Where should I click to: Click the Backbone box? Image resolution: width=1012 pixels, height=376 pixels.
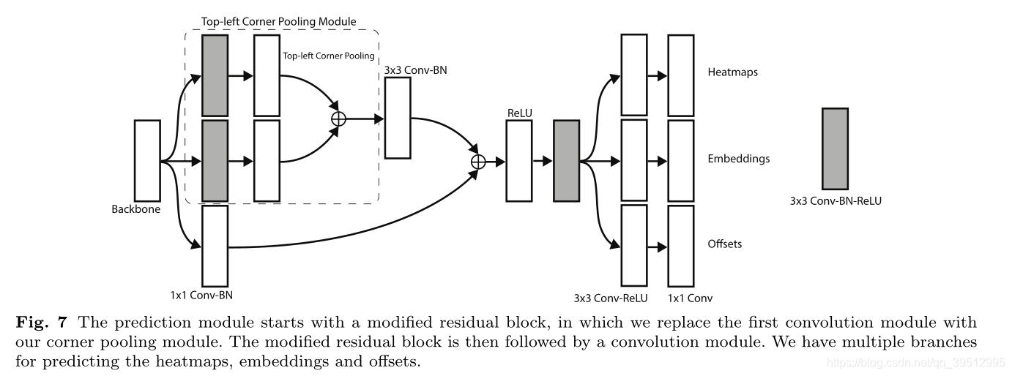[x=146, y=160]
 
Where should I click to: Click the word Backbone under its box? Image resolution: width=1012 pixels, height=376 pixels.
[x=135, y=209]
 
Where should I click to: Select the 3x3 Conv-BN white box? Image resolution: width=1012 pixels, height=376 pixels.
[x=398, y=117]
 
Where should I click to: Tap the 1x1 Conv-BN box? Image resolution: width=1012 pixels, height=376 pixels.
[x=215, y=246]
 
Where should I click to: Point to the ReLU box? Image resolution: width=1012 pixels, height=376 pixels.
[x=518, y=160]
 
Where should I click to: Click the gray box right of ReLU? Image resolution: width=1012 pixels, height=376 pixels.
[x=566, y=160]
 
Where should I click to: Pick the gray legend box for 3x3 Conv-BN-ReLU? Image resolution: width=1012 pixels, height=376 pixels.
[x=835, y=148]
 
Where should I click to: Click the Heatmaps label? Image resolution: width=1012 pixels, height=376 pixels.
[x=732, y=73]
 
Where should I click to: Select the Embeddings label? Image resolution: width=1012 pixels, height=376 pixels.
[x=738, y=159]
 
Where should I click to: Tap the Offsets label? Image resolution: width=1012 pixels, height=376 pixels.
[x=725, y=244]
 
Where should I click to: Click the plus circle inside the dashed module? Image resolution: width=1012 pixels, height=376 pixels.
[x=338, y=119]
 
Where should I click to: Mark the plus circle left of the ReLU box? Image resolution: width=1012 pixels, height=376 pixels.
[x=477, y=161]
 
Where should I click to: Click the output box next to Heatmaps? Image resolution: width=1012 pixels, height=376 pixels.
[x=680, y=75]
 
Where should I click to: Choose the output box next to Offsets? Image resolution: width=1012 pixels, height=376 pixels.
[x=680, y=245]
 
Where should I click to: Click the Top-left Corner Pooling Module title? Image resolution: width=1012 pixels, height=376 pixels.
[x=279, y=22]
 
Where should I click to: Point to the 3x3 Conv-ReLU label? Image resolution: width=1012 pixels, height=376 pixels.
[x=611, y=298]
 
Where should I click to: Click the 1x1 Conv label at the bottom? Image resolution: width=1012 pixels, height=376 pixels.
[x=690, y=298]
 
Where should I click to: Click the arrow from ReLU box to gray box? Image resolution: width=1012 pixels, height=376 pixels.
[x=542, y=161]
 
